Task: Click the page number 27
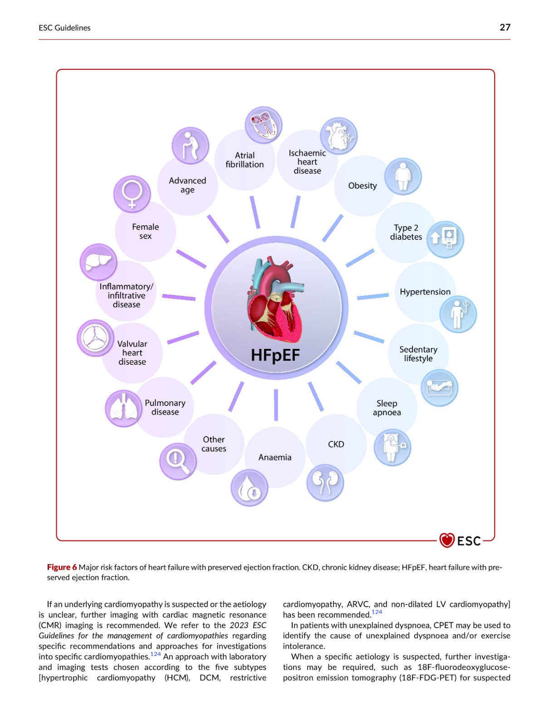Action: coord(505,28)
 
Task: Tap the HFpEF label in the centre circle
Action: coord(275,355)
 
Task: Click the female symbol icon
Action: coord(132,194)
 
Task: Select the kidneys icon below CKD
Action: coord(325,483)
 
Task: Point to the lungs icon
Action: coord(123,408)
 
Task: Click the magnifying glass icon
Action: coord(178,461)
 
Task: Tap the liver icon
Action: coord(98,262)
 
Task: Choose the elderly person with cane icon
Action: coord(190,145)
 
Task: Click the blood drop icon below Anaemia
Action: coord(249,488)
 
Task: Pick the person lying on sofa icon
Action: coord(439,388)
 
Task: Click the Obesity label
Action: coord(363,186)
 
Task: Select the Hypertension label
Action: coord(425,292)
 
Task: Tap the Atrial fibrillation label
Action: coord(245,160)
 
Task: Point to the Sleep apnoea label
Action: coord(387,408)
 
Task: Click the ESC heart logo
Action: coord(446,541)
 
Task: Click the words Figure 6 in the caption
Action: coord(62,567)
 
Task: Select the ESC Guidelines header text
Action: coord(64,28)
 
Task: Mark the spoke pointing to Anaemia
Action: coord(276,405)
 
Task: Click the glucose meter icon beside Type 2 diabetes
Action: coord(445,239)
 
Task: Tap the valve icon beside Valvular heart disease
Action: coord(95,338)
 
